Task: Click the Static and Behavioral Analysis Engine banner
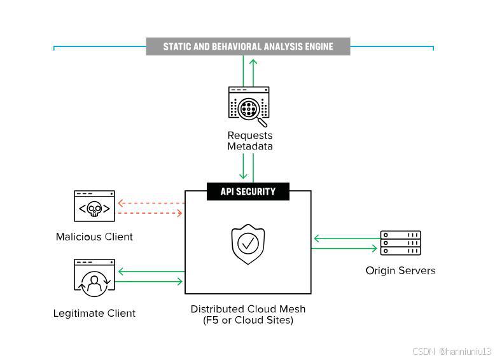pos(248,46)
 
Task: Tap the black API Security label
pos(248,191)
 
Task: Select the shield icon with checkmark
pos(248,244)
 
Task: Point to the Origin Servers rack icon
pos(400,243)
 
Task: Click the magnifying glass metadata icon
pos(249,107)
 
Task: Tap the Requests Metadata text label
pos(250,141)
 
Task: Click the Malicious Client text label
pos(94,237)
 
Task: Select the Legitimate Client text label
pos(94,313)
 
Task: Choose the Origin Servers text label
pos(400,271)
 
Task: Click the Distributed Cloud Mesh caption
pos(248,314)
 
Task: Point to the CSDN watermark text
pos(452,351)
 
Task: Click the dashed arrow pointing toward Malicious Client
pos(151,203)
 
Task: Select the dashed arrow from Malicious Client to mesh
pos(148,213)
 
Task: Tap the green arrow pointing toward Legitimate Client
pos(151,272)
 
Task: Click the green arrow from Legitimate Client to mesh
pos(148,282)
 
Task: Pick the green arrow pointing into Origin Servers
pos(344,248)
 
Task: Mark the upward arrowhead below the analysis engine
pos(253,62)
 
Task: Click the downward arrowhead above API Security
pos(243,176)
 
